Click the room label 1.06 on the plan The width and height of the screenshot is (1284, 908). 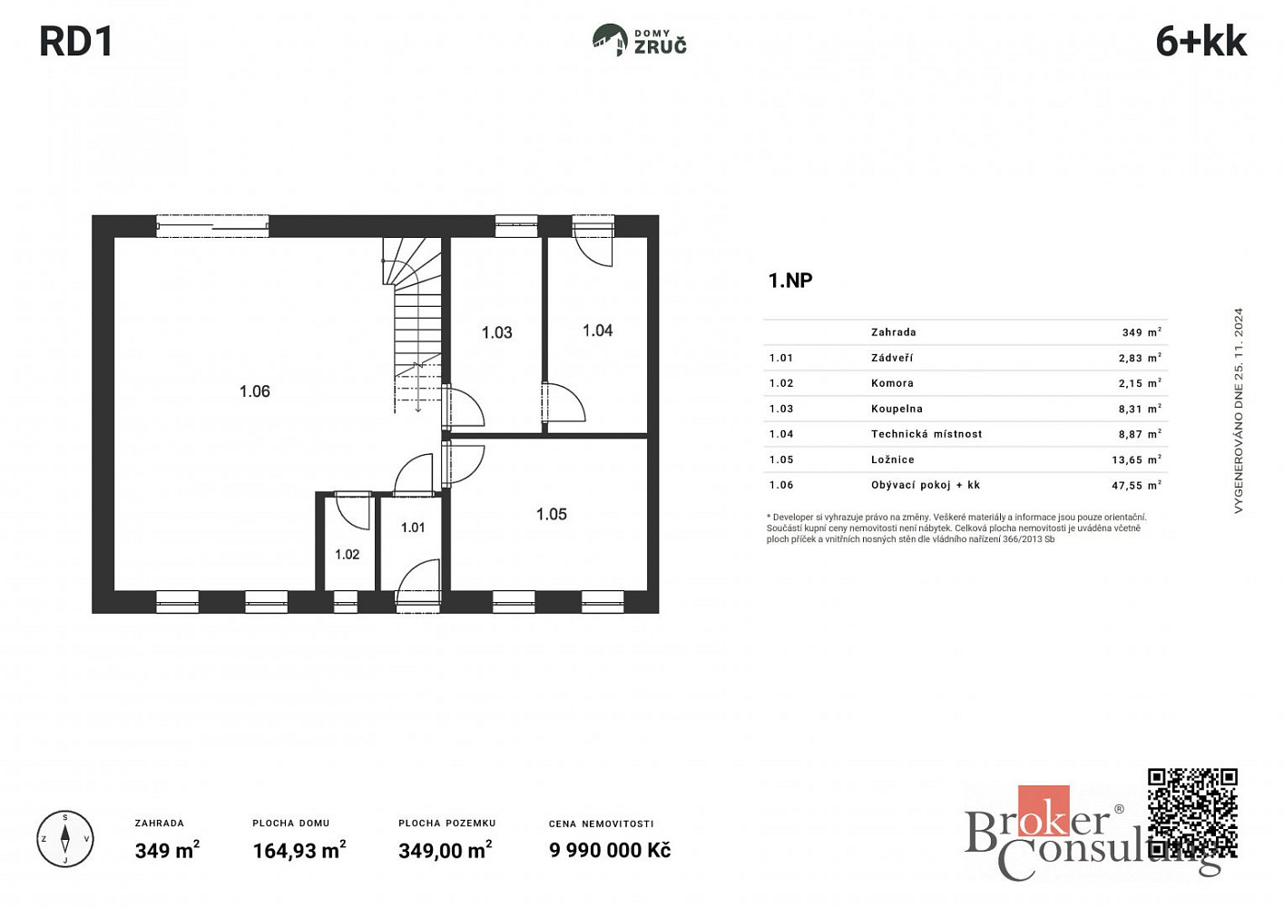254,391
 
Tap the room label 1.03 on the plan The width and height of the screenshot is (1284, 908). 496,332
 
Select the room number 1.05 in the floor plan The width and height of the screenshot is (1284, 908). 552,514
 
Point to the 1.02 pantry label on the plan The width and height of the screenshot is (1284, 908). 347,554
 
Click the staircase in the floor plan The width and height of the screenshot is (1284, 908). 414,324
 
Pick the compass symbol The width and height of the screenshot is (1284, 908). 65,839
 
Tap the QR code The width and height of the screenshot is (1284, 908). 1192,814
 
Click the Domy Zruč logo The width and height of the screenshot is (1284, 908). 639,40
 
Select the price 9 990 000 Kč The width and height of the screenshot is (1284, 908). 610,850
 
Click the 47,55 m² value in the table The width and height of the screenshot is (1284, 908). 1137,485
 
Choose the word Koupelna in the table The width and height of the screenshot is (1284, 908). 897,409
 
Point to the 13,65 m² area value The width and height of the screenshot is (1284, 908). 1137,459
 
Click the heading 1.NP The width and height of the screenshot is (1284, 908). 790,281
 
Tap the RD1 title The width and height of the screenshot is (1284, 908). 76,42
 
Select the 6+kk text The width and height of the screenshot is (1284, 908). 1201,42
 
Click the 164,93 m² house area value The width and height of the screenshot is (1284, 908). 299,850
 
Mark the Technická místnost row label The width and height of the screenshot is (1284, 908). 926,434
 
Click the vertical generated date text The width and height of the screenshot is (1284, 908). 1239,410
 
